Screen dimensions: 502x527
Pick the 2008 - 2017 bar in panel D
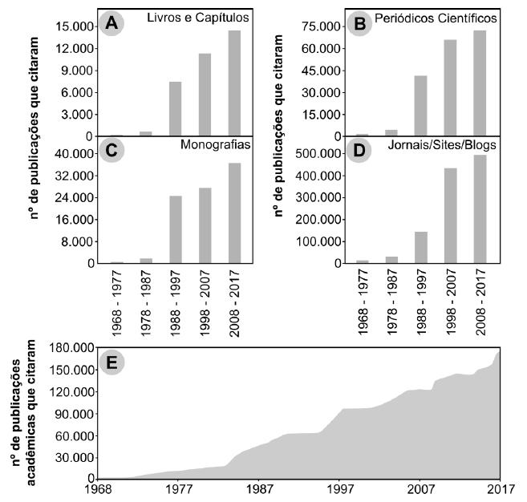[x=480, y=208]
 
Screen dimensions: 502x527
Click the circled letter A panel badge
[x=111, y=23]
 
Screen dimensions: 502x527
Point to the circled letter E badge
[x=113, y=362]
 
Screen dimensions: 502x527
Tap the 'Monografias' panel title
[x=216, y=145]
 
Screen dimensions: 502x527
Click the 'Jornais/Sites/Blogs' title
[x=451, y=145]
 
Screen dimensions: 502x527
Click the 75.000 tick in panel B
[x=316, y=26]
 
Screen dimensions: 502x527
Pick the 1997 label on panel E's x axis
[x=340, y=488]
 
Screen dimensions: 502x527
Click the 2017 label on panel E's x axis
[x=501, y=488]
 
